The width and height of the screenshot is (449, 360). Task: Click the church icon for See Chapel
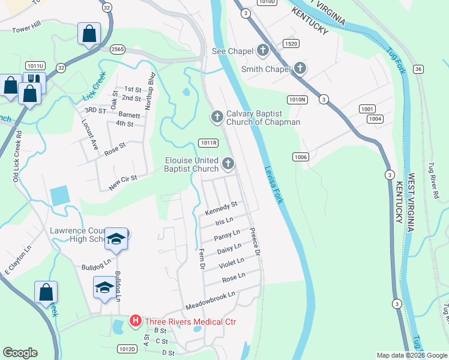263,51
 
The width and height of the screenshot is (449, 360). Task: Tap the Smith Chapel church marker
300,69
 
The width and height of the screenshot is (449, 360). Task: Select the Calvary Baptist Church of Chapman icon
216,115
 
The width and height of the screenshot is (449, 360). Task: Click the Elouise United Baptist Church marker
228,163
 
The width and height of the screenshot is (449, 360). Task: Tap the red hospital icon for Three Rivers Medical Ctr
136,322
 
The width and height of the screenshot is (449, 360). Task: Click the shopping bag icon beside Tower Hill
89,34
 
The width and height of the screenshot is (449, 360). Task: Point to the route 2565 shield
116,49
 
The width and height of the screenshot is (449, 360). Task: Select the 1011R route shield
208,143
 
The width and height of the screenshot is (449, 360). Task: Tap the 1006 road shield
301,157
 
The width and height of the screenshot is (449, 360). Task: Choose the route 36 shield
418,69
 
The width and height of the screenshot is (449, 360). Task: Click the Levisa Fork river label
273,176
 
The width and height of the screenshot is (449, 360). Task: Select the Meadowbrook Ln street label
211,298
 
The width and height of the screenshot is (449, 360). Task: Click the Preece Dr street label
254,241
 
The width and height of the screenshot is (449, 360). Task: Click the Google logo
20,353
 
